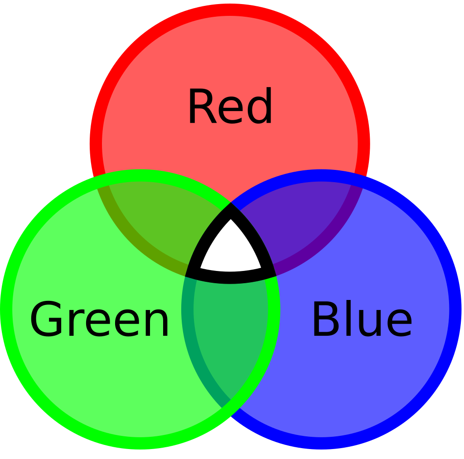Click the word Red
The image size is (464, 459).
point(230,106)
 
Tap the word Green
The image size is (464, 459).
point(99,319)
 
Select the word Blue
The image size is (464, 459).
point(362,318)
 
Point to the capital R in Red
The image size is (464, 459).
point(203,106)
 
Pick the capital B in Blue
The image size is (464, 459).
point(326,319)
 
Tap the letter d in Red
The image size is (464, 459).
point(260,106)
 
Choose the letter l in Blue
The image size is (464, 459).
point(348,318)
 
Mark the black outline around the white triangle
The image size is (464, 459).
point(231,278)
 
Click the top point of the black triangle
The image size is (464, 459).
point(231,203)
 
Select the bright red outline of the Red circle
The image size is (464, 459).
point(230,10)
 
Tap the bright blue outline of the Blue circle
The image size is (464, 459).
point(455,309)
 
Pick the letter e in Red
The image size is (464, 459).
point(231,110)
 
